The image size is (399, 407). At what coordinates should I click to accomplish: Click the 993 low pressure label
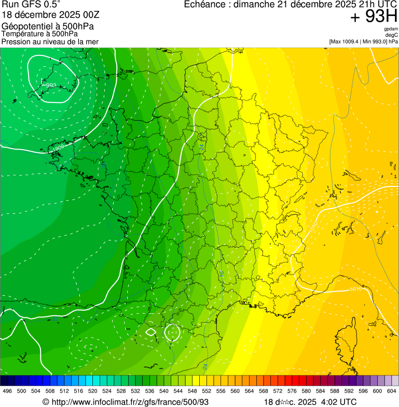[x=51, y=85]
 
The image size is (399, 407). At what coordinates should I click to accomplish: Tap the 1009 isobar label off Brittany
[x=59, y=149]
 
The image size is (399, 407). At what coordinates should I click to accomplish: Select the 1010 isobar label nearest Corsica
[x=355, y=289]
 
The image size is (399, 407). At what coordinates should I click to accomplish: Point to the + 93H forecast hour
[x=374, y=17]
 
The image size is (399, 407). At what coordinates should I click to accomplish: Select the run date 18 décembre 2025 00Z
[x=50, y=15]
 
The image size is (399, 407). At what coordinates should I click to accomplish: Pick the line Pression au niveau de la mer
[x=50, y=41]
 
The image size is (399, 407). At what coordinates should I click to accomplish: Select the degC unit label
[x=392, y=35]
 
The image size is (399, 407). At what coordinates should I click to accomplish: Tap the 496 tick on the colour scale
[x=7, y=391]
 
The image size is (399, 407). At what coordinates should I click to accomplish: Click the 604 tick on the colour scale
[x=392, y=391]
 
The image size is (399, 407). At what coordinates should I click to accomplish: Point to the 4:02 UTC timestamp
[x=337, y=402]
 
